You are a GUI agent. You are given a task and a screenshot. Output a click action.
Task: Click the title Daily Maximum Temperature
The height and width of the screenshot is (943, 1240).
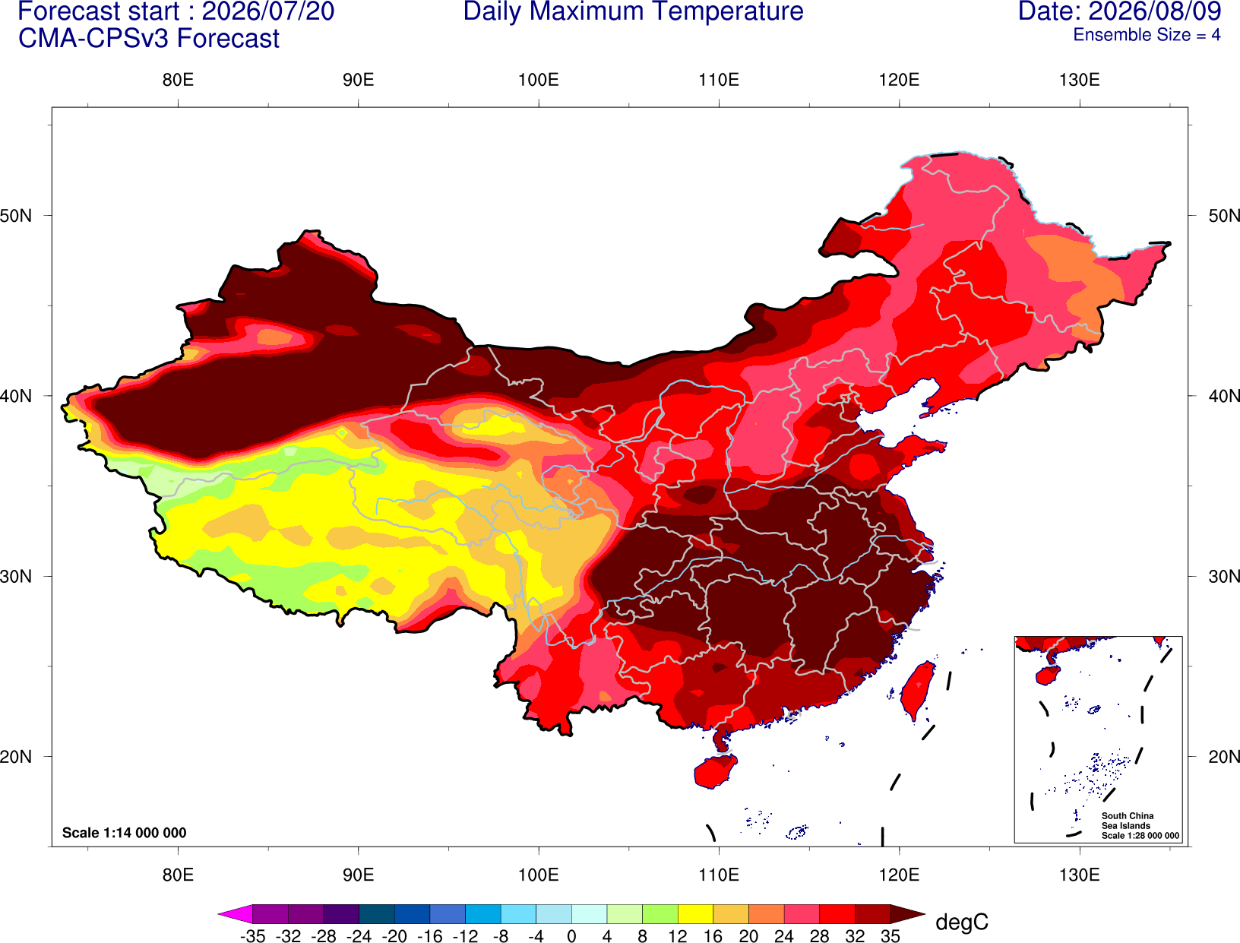click(x=633, y=11)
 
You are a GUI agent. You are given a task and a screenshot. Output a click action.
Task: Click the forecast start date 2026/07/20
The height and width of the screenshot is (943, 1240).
click(x=267, y=11)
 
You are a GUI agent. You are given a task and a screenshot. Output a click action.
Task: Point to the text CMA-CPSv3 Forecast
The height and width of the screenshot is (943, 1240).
click(x=149, y=39)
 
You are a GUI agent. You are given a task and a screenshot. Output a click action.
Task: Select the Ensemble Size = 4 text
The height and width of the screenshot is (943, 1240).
click(x=1147, y=35)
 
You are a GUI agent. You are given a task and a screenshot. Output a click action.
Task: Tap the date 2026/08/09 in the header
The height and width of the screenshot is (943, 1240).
click(x=1155, y=11)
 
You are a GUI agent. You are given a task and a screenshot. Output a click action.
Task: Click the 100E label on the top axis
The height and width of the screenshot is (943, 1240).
click(x=539, y=80)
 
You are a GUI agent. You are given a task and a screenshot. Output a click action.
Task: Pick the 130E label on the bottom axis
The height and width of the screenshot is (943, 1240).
click(x=1079, y=875)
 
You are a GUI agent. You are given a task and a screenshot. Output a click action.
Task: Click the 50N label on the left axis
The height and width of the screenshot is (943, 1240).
click(x=16, y=215)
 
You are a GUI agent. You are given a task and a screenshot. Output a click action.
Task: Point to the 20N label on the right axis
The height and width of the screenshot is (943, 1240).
click(x=1224, y=757)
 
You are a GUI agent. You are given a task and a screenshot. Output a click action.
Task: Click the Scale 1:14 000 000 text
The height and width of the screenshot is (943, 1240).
click(x=125, y=832)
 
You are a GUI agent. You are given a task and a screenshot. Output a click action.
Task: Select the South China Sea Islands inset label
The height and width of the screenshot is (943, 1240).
click(x=1140, y=825)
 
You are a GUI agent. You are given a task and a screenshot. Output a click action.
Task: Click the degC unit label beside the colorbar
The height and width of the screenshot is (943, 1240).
click(x=961, y=922)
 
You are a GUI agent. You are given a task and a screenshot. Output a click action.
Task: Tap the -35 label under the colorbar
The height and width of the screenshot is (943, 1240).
click(x=252, y=935)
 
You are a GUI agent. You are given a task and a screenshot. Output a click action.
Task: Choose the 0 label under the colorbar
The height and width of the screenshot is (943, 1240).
click(x=571, y=935)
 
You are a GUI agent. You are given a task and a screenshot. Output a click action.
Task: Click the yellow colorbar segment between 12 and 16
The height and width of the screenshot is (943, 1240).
click(x=695, y=913)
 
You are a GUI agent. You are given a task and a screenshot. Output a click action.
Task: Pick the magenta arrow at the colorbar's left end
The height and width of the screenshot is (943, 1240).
click(x=236, y=913)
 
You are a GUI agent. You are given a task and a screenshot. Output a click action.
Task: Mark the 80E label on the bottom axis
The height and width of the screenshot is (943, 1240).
click(x=178, y=875)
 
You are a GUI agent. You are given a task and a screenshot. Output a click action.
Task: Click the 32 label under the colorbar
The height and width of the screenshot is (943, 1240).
click(x=855, y=935)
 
